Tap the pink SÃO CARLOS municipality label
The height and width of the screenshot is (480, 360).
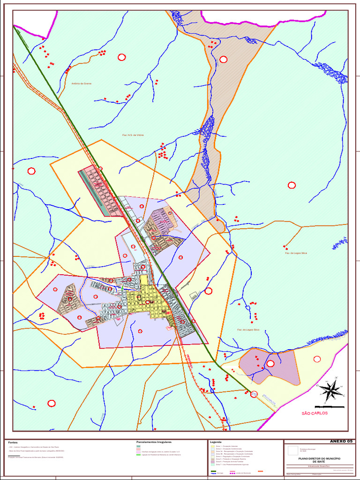coord(315,413)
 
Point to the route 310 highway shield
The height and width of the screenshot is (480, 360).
coord(254,394)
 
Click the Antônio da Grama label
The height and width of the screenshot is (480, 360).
coord(81,83)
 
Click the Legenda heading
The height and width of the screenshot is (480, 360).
coord(216,442)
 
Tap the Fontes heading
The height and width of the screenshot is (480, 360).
coord(13,442)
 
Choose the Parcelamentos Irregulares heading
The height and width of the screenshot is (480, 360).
coord(154,442)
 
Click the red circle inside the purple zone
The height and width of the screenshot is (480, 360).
coord(270,363)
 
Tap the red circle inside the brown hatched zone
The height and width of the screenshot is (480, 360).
coord(223,59)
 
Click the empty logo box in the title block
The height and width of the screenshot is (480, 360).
coord(293,450)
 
